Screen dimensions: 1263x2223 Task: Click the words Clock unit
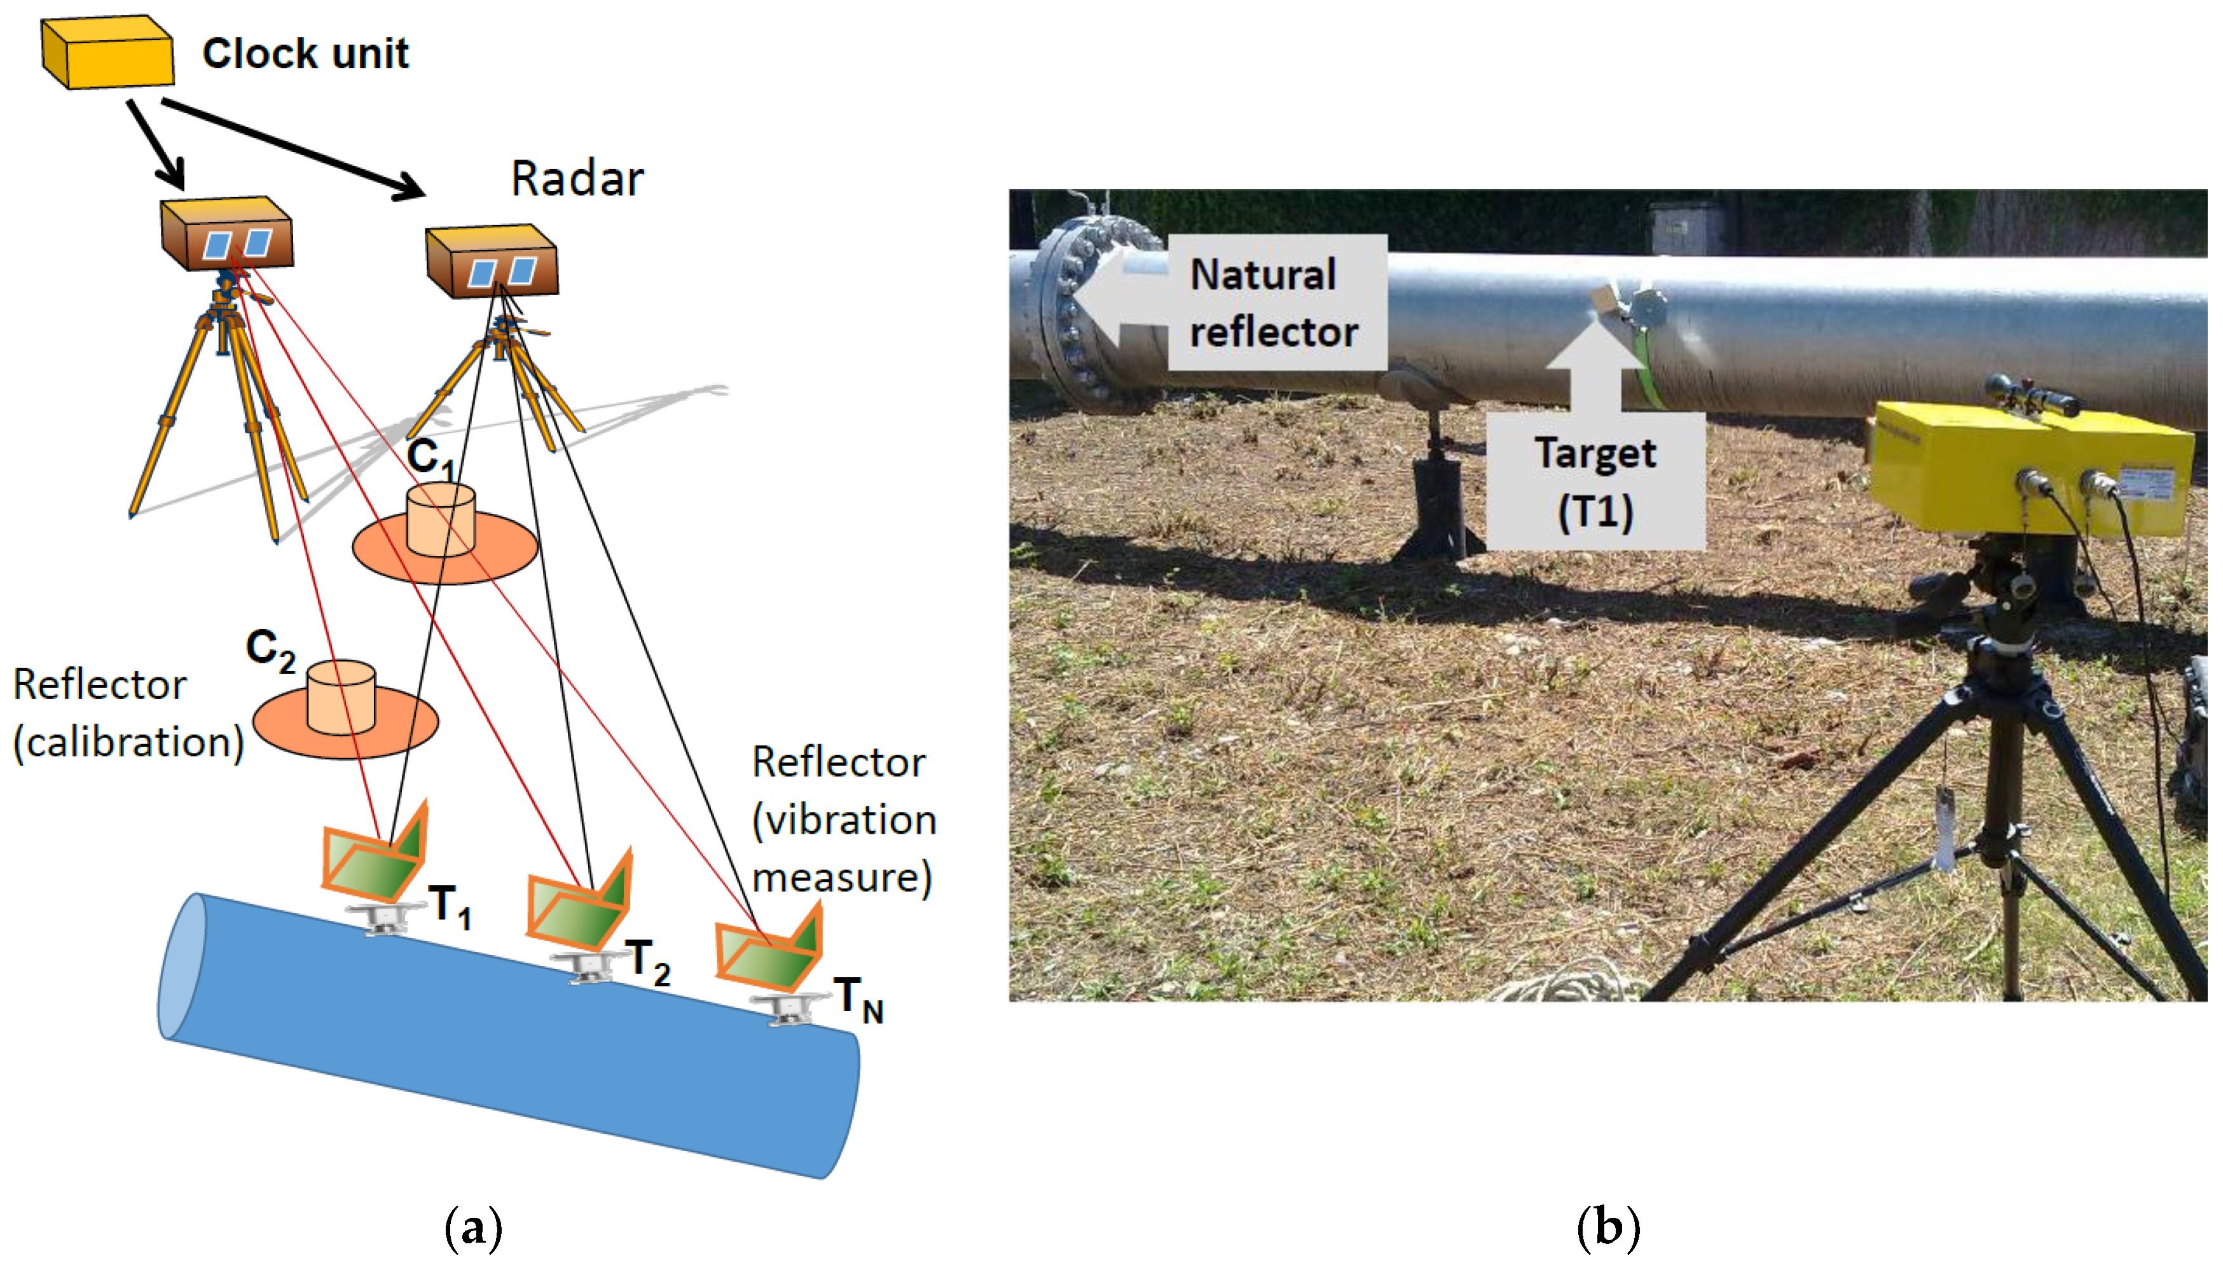point(305,54)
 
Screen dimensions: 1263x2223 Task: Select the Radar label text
point(577,179)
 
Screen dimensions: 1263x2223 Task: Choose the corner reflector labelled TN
point(767,951)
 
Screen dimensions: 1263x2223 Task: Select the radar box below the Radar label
point(492,262)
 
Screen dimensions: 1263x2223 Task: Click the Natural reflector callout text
point(1272,303)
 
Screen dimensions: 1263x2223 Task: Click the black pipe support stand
point(1435,503)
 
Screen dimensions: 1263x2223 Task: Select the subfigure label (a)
point(472,1227)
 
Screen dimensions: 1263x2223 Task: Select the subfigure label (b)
point(1607,1227)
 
